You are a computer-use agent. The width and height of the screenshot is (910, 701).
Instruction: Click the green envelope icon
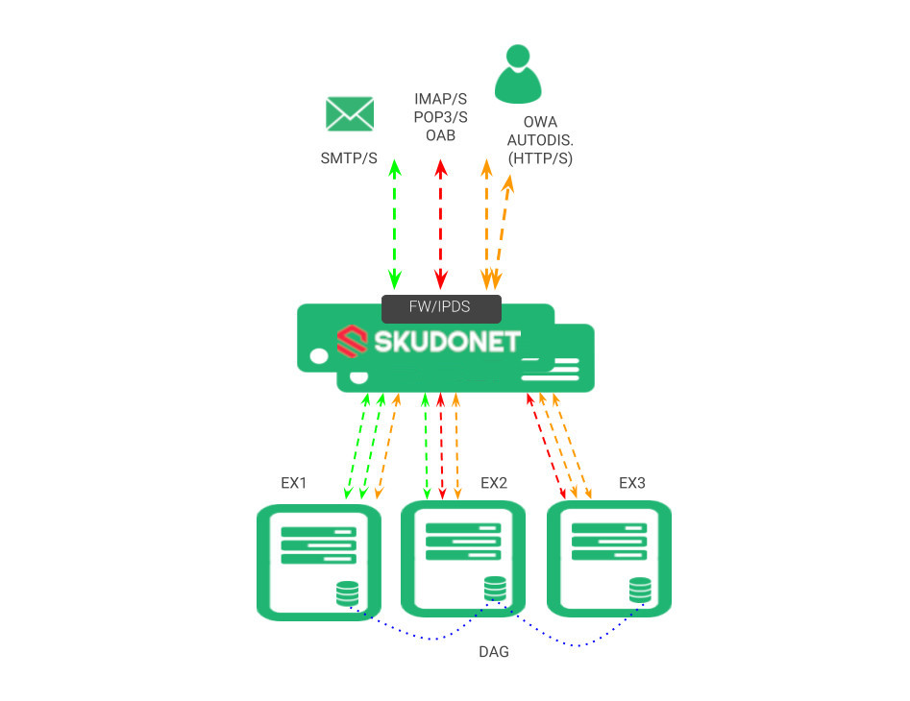[x=349, y=113]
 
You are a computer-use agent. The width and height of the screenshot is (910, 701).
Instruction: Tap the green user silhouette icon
[x=518, y=74]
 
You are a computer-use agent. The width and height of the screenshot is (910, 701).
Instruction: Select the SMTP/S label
[x=349, y=157]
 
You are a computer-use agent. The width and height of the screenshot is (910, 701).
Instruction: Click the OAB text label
[x=440, y=135]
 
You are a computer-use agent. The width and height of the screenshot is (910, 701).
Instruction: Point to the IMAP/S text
[x=440, y=99]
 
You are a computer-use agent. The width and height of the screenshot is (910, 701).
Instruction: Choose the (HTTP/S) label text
[x=539, y=158]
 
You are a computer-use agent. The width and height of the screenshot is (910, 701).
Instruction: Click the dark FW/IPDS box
[x=441, y=308]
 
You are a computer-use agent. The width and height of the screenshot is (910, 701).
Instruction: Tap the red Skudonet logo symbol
[x=351, y=341]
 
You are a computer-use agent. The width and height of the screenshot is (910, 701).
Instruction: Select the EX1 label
[x=294, y=483]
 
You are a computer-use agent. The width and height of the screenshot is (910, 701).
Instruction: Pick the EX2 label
[x=493, y=483]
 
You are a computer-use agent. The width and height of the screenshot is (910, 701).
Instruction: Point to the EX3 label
[x=632, y=483]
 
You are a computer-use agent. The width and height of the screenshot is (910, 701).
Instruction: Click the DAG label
[x=494, y=652]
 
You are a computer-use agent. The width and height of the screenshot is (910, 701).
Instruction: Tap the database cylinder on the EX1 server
[x=347, y=593]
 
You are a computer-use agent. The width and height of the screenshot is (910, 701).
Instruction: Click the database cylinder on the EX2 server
[x=495, y=588]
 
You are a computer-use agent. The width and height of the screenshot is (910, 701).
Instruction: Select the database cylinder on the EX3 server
[x=640, y=589]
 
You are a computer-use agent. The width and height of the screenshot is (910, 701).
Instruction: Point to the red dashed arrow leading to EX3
[x=545, y=446]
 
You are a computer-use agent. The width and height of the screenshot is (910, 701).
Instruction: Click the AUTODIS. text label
[x=540, y=140]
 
